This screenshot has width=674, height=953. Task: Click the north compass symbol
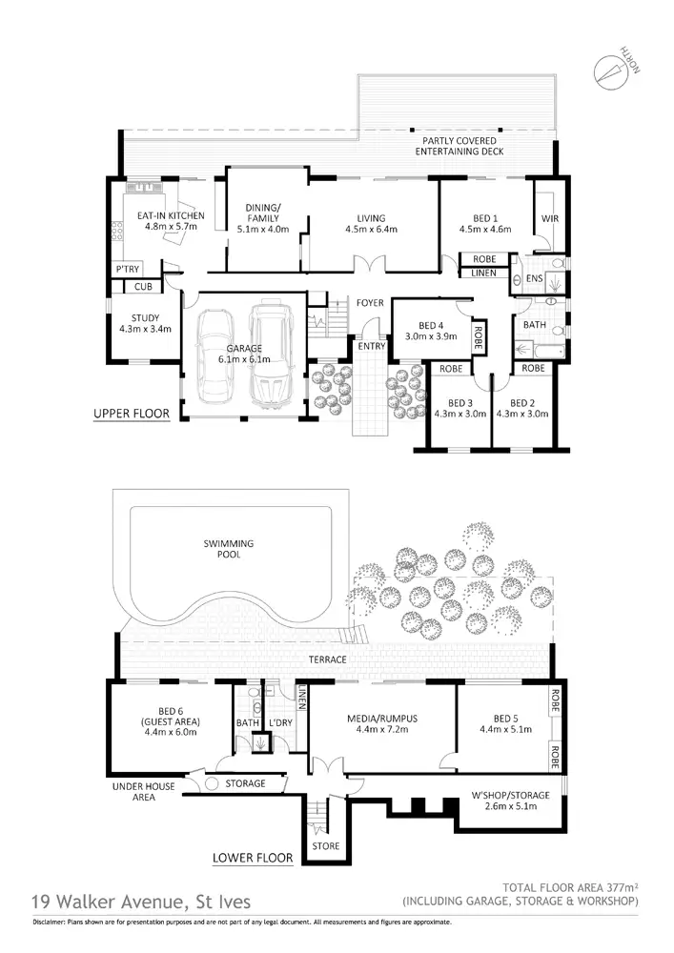606,71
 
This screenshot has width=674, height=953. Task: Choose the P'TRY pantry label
127,270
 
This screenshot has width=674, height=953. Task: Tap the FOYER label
370,303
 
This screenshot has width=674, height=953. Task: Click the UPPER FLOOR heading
132,414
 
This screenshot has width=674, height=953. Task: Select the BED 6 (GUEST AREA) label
160,721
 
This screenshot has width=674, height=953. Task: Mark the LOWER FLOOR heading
253,858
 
